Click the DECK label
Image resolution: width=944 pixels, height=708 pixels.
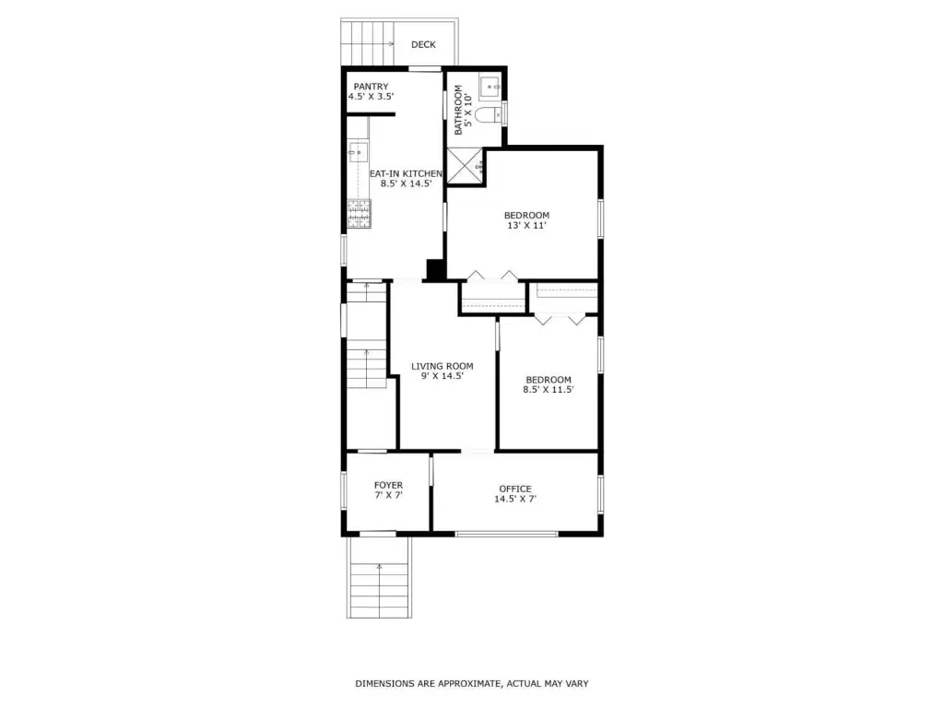pyautogui.click(x=423, y=44)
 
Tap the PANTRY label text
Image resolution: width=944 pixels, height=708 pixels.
pyautogui.click(x=371, y=87)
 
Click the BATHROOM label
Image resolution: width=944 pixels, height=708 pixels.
pyautogui.click(x=458, y=110)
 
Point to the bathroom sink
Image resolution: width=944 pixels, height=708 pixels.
pyautogui.click(x=491, y=88)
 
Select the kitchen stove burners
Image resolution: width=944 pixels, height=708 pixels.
pyautogui.click(x=359, y=214)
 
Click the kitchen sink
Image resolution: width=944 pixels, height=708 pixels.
pyautogui.click(x=358, y=152)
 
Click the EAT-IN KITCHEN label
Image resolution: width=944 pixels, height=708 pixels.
pyautogui.click(x=406, y=174)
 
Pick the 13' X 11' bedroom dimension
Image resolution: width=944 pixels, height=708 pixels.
pyautogui.click(x=526, y=226)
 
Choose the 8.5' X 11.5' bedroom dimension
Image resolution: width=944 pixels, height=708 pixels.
pyautogui.click(x=549, y=390)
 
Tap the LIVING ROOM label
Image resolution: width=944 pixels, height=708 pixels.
pyautogui.click(x=442, y=366)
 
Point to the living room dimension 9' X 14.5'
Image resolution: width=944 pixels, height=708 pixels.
pyautogui.click(x=442, y=376)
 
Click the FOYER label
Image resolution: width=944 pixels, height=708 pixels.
pyautogui.click(x=388, y=485)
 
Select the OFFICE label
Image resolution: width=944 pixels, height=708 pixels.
pyautogui.click(x=515, y=489)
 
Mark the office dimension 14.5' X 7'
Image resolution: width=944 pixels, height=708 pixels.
pyautogui.click(x=515, y=499)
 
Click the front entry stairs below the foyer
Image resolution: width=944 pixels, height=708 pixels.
pyautogui.click(x=379, y=577)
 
